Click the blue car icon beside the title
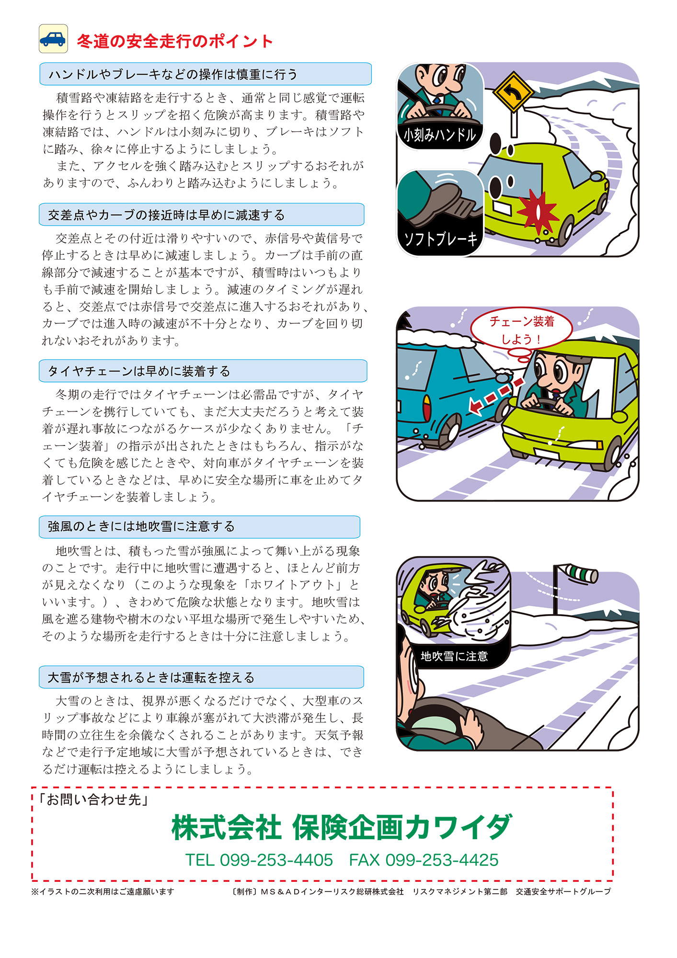53,39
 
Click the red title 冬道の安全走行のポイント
175,41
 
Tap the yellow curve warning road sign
513,92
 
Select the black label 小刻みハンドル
439,135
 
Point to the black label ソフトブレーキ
440,239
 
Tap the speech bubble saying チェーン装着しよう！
521,330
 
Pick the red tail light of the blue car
426,410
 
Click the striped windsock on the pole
580,572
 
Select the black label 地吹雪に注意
454,656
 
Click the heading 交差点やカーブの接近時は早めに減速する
166,215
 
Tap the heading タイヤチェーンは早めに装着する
139,371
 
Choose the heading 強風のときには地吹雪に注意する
141,527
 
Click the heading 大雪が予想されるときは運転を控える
151,677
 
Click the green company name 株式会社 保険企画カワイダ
341,827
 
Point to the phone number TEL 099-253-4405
259,860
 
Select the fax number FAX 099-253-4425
424,860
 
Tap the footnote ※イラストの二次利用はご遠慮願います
103,891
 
